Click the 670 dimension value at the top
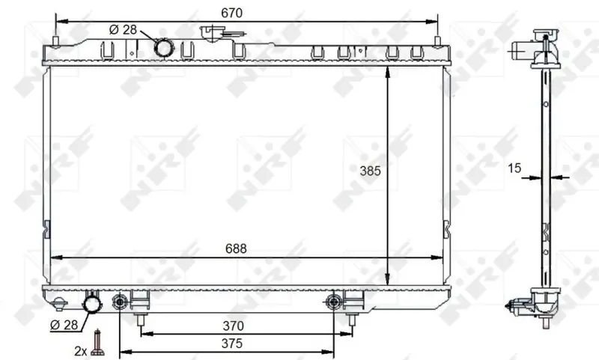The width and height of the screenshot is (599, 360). click(231, 13)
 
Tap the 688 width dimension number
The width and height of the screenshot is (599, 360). click(236, 248)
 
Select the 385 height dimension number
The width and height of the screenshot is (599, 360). click(370, 171)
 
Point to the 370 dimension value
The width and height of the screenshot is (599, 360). click(233, 326)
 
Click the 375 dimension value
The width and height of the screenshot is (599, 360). click(232, 344)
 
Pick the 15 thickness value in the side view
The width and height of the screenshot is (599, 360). click(514, 168)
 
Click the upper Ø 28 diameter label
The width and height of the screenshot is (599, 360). click(123, 29)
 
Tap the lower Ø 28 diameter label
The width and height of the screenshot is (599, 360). click(64, 325)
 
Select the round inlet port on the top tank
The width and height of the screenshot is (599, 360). click(163, 47)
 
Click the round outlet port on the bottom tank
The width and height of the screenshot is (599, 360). click(92, 304)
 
